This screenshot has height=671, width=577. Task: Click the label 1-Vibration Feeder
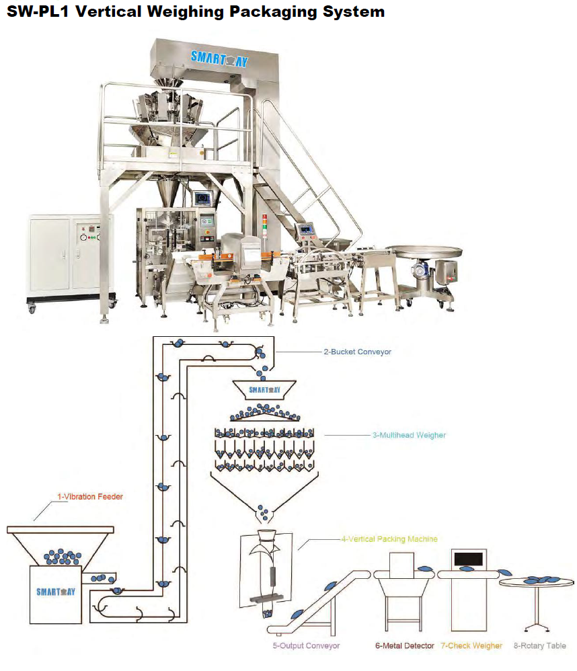[x=89, y=497]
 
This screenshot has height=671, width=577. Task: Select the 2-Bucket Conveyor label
[x=356, y=352]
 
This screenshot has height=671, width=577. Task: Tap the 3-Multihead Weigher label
[x=409, y=435]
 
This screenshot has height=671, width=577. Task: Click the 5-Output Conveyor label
[x=306, y=645]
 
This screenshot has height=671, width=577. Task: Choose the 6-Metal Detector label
[x=405, y=645]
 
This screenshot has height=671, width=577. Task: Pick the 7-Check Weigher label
[x=471, y=645]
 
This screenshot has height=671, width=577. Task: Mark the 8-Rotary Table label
[x=540, y=645]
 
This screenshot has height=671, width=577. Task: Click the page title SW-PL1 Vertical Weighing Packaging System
[x=196, y=12]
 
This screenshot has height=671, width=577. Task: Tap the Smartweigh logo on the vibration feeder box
[x=56, y=592]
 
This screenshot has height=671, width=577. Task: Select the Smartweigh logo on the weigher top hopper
[x=265, y=389]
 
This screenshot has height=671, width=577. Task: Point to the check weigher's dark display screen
[x=469, y=558]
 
